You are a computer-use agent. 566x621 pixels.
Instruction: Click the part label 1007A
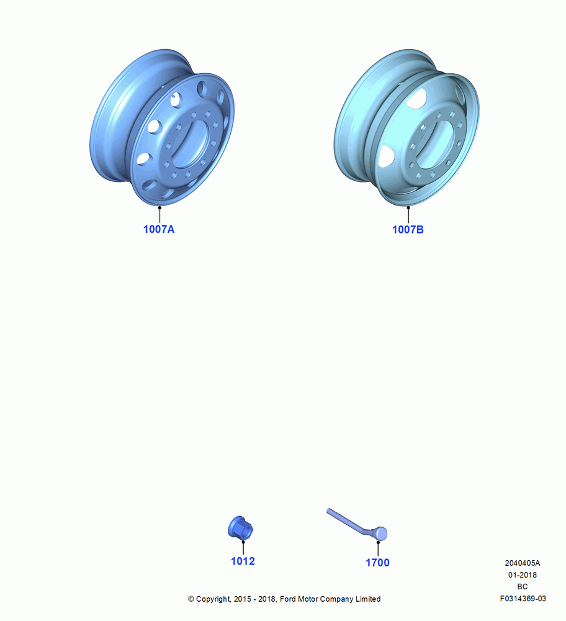point(159,229)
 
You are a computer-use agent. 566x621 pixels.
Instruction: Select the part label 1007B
point(408,230)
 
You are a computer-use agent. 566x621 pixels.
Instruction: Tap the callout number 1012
point(243,561)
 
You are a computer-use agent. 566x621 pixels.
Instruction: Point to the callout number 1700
point(377,563)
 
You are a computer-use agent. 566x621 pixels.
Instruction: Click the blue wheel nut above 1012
point(240,528)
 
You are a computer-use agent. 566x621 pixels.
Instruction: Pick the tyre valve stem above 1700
point(357,524)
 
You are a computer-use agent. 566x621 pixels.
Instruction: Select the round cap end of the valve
point(380,533)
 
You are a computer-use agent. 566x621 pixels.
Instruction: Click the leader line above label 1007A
point(159,214)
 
